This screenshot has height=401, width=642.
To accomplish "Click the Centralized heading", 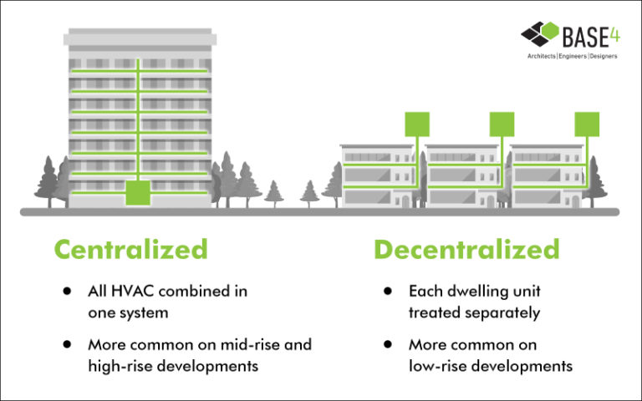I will pyautogui.click(x=130, y=248).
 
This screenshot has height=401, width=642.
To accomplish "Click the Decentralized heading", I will pyautogui.click(x=466, y=248).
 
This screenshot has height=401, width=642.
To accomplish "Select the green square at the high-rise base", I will pyautogui.click(x=139, y=193).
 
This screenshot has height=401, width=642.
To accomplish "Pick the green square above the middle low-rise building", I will pyautogui.click(x=502, y=124).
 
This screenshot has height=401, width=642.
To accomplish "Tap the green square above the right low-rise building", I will pyautogui.click(x=588, y=124).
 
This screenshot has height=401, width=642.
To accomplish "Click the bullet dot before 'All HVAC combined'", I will pyautogui.click(x=66, y=292).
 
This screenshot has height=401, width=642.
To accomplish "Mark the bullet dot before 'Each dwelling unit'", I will pyautogui.click(x=387, y=292).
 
